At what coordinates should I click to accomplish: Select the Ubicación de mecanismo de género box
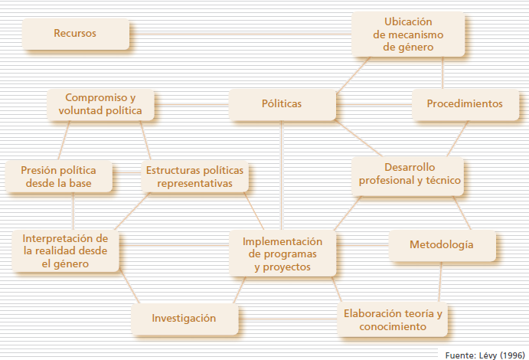408,34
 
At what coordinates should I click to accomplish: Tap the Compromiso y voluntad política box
100,104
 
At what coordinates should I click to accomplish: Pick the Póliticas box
281,103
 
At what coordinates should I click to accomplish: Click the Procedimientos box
464,103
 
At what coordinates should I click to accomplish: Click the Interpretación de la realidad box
65,250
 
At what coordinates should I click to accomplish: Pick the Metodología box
441,245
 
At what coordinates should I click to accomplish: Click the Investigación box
184,318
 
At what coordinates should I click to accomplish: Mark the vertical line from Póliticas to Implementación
281,172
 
